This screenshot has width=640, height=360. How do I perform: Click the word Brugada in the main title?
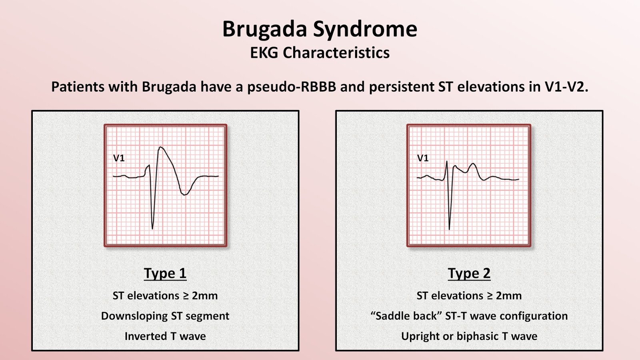tap(264, 29)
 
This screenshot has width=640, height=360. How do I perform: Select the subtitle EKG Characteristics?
tap(320, 53)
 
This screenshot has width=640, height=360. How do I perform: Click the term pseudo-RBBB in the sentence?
tap(292, 87)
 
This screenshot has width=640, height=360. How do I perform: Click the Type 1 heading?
tap(165, 273)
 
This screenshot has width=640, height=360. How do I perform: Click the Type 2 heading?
tap(469, 273)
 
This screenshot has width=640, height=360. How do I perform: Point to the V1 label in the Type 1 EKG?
tap(119, 158)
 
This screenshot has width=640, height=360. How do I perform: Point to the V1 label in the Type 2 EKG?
tap(422, 158)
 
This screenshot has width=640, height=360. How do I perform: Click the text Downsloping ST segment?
tap(165, 316)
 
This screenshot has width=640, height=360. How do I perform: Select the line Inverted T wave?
tap(165, 336)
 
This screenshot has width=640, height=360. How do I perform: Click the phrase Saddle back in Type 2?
tap(406, 316)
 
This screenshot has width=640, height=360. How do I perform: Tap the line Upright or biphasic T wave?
tap(469, 336)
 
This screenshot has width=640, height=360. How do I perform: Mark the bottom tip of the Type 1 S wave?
tap(152, 229)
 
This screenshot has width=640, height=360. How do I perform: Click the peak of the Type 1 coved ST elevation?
tap(161, 147)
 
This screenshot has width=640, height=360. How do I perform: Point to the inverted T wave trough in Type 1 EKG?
tap(184, 195)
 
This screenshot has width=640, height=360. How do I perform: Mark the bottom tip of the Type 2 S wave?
tap(449, 229)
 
